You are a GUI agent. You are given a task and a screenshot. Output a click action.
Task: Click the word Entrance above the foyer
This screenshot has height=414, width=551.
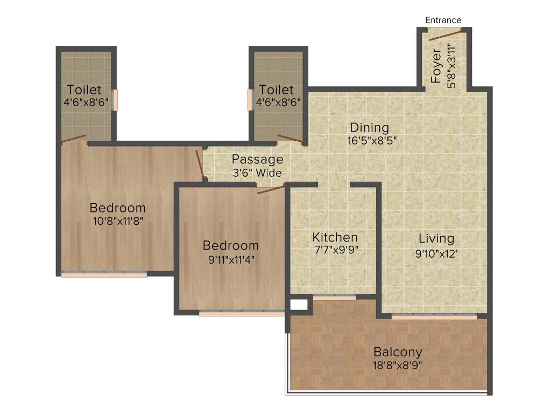pyautogui.click(x=443, y=20)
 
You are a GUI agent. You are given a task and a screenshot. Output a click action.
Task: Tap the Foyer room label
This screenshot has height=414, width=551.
pyautogui.click(x=436, y=66)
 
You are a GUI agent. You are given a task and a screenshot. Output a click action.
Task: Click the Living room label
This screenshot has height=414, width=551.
pyautogui.click(x=436, y=238)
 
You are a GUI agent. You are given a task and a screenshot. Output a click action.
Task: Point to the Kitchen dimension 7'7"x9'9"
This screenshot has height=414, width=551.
pyautogui.click(x=335, y=250)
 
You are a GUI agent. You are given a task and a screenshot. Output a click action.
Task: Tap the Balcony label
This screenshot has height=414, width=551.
pyautogui.click(x=398, y=352)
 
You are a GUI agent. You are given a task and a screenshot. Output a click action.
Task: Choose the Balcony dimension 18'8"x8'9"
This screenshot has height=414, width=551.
pyautogui.click(x=398, y=364)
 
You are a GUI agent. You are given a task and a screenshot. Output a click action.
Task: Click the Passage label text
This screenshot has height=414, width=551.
pyautogui.click(x=257, y=160)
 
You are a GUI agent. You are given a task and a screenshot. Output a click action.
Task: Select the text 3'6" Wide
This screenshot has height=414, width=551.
pyautogui.click(x=257, y=173)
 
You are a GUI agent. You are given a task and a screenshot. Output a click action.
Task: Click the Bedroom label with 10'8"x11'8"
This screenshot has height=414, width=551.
pyautogui.click(x=117, y=208)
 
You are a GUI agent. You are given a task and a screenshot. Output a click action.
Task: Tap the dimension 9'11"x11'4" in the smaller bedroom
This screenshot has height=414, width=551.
pyautogui.click(x=230, y=258)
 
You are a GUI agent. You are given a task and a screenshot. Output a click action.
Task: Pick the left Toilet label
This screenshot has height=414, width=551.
pyautogui.click(x=83, y=89)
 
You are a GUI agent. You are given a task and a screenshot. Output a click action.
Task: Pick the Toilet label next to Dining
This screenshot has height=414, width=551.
pyautogui.click(x=276, y=89)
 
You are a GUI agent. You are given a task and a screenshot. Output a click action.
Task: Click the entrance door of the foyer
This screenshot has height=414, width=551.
pyautogui.click(x=444, y=36)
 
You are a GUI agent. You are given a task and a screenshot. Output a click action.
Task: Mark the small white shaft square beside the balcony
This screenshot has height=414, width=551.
pyautogui.click(x=299, y=305)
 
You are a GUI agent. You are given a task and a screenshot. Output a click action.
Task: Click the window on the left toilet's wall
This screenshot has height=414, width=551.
pyautogui.click(x=115, y=100)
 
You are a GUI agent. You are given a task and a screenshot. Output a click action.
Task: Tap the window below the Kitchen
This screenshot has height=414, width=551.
pyautogui.click(x=334, y=297)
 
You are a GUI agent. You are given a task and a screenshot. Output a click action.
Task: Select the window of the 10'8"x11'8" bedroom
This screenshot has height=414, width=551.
pyautogui.click(x=104, y=274)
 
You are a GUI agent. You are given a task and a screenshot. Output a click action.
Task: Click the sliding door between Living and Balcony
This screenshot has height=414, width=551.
pyautogui.click(x=434, y=317)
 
